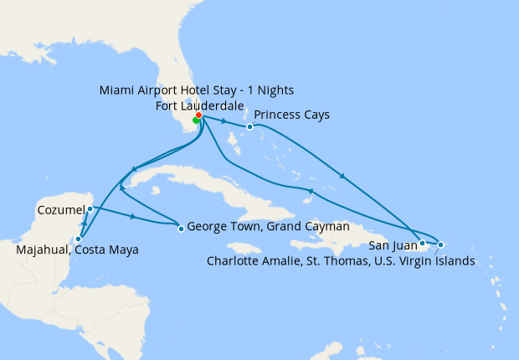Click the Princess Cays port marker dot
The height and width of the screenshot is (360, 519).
tap(249, 127)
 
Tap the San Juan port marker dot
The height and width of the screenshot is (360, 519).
tap(422, 244)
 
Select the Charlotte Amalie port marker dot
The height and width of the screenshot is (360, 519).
tap(440, 244)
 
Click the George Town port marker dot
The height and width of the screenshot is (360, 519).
tap(180, 228)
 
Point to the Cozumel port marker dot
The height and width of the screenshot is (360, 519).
tap(90, 208)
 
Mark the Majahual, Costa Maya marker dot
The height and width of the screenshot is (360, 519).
tap(78, 239)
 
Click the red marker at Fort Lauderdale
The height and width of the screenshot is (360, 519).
tap(198, 116)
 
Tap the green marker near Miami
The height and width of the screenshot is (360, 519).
tap(196, 121)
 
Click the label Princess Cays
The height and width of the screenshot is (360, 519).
tap(291, 114)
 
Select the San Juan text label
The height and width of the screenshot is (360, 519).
tap(391, 245)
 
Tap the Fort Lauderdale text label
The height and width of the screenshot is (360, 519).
tap(200, 105)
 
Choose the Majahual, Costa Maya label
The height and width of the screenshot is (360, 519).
tap(78, 249)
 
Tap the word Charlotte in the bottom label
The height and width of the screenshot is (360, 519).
tap(235, 261)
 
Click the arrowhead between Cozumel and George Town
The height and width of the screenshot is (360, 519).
tap(133, 217)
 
